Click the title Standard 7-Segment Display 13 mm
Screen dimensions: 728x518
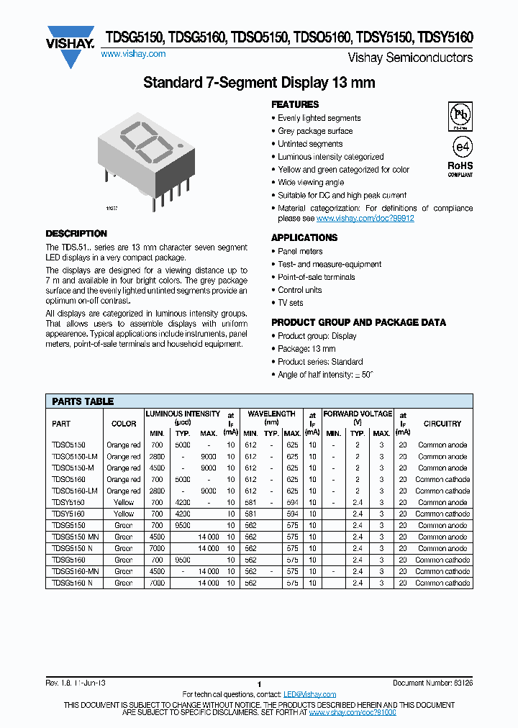coord(259,83)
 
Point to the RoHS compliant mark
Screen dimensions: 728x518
coord(460,168)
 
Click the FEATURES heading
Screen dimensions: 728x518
coord(295,104)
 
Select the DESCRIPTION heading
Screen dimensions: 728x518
coord(76,234)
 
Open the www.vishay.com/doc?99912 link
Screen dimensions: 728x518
coord(365,218)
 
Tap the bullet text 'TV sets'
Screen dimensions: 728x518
coord(291,303)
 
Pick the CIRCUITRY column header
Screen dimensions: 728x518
coord(442,424)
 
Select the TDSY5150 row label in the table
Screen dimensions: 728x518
coord(68,502)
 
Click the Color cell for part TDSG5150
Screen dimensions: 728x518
coord(124,525)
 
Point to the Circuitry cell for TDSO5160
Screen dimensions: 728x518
coord(442,479)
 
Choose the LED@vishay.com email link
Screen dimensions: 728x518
coord(309,694)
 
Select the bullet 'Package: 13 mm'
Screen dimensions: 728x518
coord(306,349)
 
